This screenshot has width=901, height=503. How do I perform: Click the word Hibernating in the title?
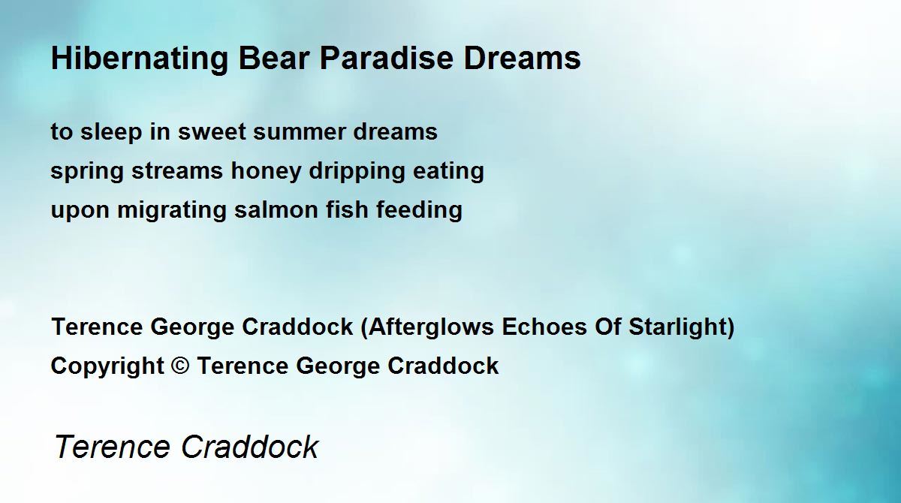(x=140, y=59)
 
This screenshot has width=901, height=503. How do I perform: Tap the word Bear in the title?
(x=274, y=58)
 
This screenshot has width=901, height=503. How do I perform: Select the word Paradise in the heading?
(x=387, y=58)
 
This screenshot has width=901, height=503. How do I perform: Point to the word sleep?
(x=111, y=133)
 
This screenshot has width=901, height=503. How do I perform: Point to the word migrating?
(x=172, y=211)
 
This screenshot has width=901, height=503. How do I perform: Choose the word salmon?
(x=276, y=210)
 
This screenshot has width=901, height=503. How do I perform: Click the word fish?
(x=347, y=210)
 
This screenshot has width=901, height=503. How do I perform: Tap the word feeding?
(x=419, y=211)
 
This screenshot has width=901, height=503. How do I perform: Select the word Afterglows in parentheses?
(x=431, y=327)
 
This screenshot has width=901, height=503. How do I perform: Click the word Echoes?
(x=544, y=327)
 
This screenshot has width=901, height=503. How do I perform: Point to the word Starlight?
(x=677, y=327)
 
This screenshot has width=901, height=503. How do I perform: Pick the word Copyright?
(x=107, y=366)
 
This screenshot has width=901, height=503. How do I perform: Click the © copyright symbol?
(x=180, y=366)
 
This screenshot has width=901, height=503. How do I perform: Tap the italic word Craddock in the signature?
(x=250, y=447)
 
